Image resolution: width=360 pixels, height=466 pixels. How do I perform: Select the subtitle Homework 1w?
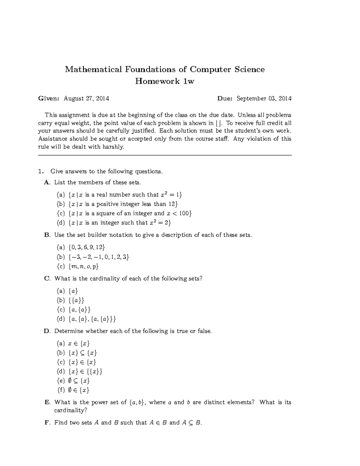pyautogui.click(x=165, y=81)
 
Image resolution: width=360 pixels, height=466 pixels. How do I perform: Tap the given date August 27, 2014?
pyautogui.click(x=86, y=98)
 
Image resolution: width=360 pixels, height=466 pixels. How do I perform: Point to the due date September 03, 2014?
pyautogui.click(x=264, y=98)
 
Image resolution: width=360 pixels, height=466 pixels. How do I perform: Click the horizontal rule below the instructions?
pyautogui.click(x=165, y=155)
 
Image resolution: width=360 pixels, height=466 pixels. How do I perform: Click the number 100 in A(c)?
pyautogui.click(x=184, y=213)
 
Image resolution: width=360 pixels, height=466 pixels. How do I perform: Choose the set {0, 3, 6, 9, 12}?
pyautogui.click(x=87, y=247)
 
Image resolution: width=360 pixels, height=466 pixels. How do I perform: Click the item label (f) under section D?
pyautogui.click(x=61, y=390)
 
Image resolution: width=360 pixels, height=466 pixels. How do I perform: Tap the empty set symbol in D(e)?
pyautogui.click(x=70, y=381)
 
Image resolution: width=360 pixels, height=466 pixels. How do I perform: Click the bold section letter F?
pyautogui.click(x=46, y=423)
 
